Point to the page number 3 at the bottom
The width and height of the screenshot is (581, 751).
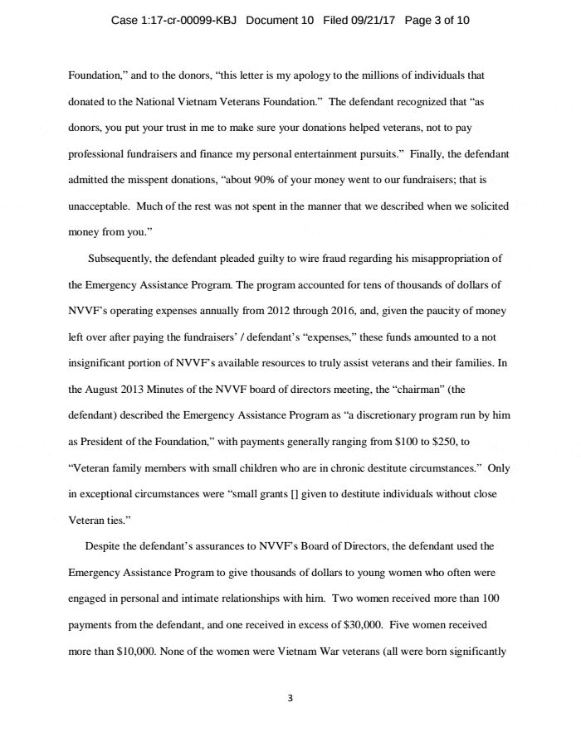tap(290, 699)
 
